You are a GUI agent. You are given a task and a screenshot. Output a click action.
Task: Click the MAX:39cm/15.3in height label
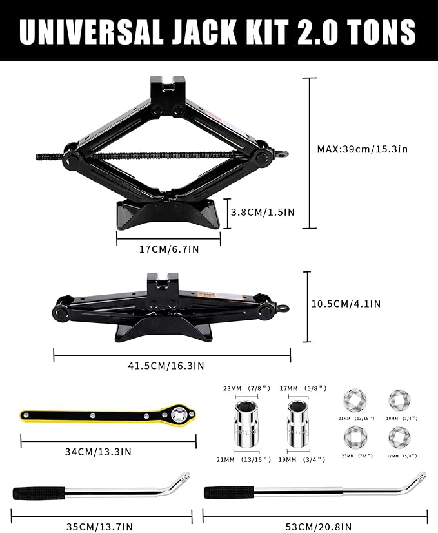tap(362, 149)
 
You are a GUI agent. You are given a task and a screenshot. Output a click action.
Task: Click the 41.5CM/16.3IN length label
tap(171, 365)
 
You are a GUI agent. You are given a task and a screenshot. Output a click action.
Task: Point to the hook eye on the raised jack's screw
tap(283, 154)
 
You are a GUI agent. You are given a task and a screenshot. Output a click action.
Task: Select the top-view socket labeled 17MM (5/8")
tap(398, 437)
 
